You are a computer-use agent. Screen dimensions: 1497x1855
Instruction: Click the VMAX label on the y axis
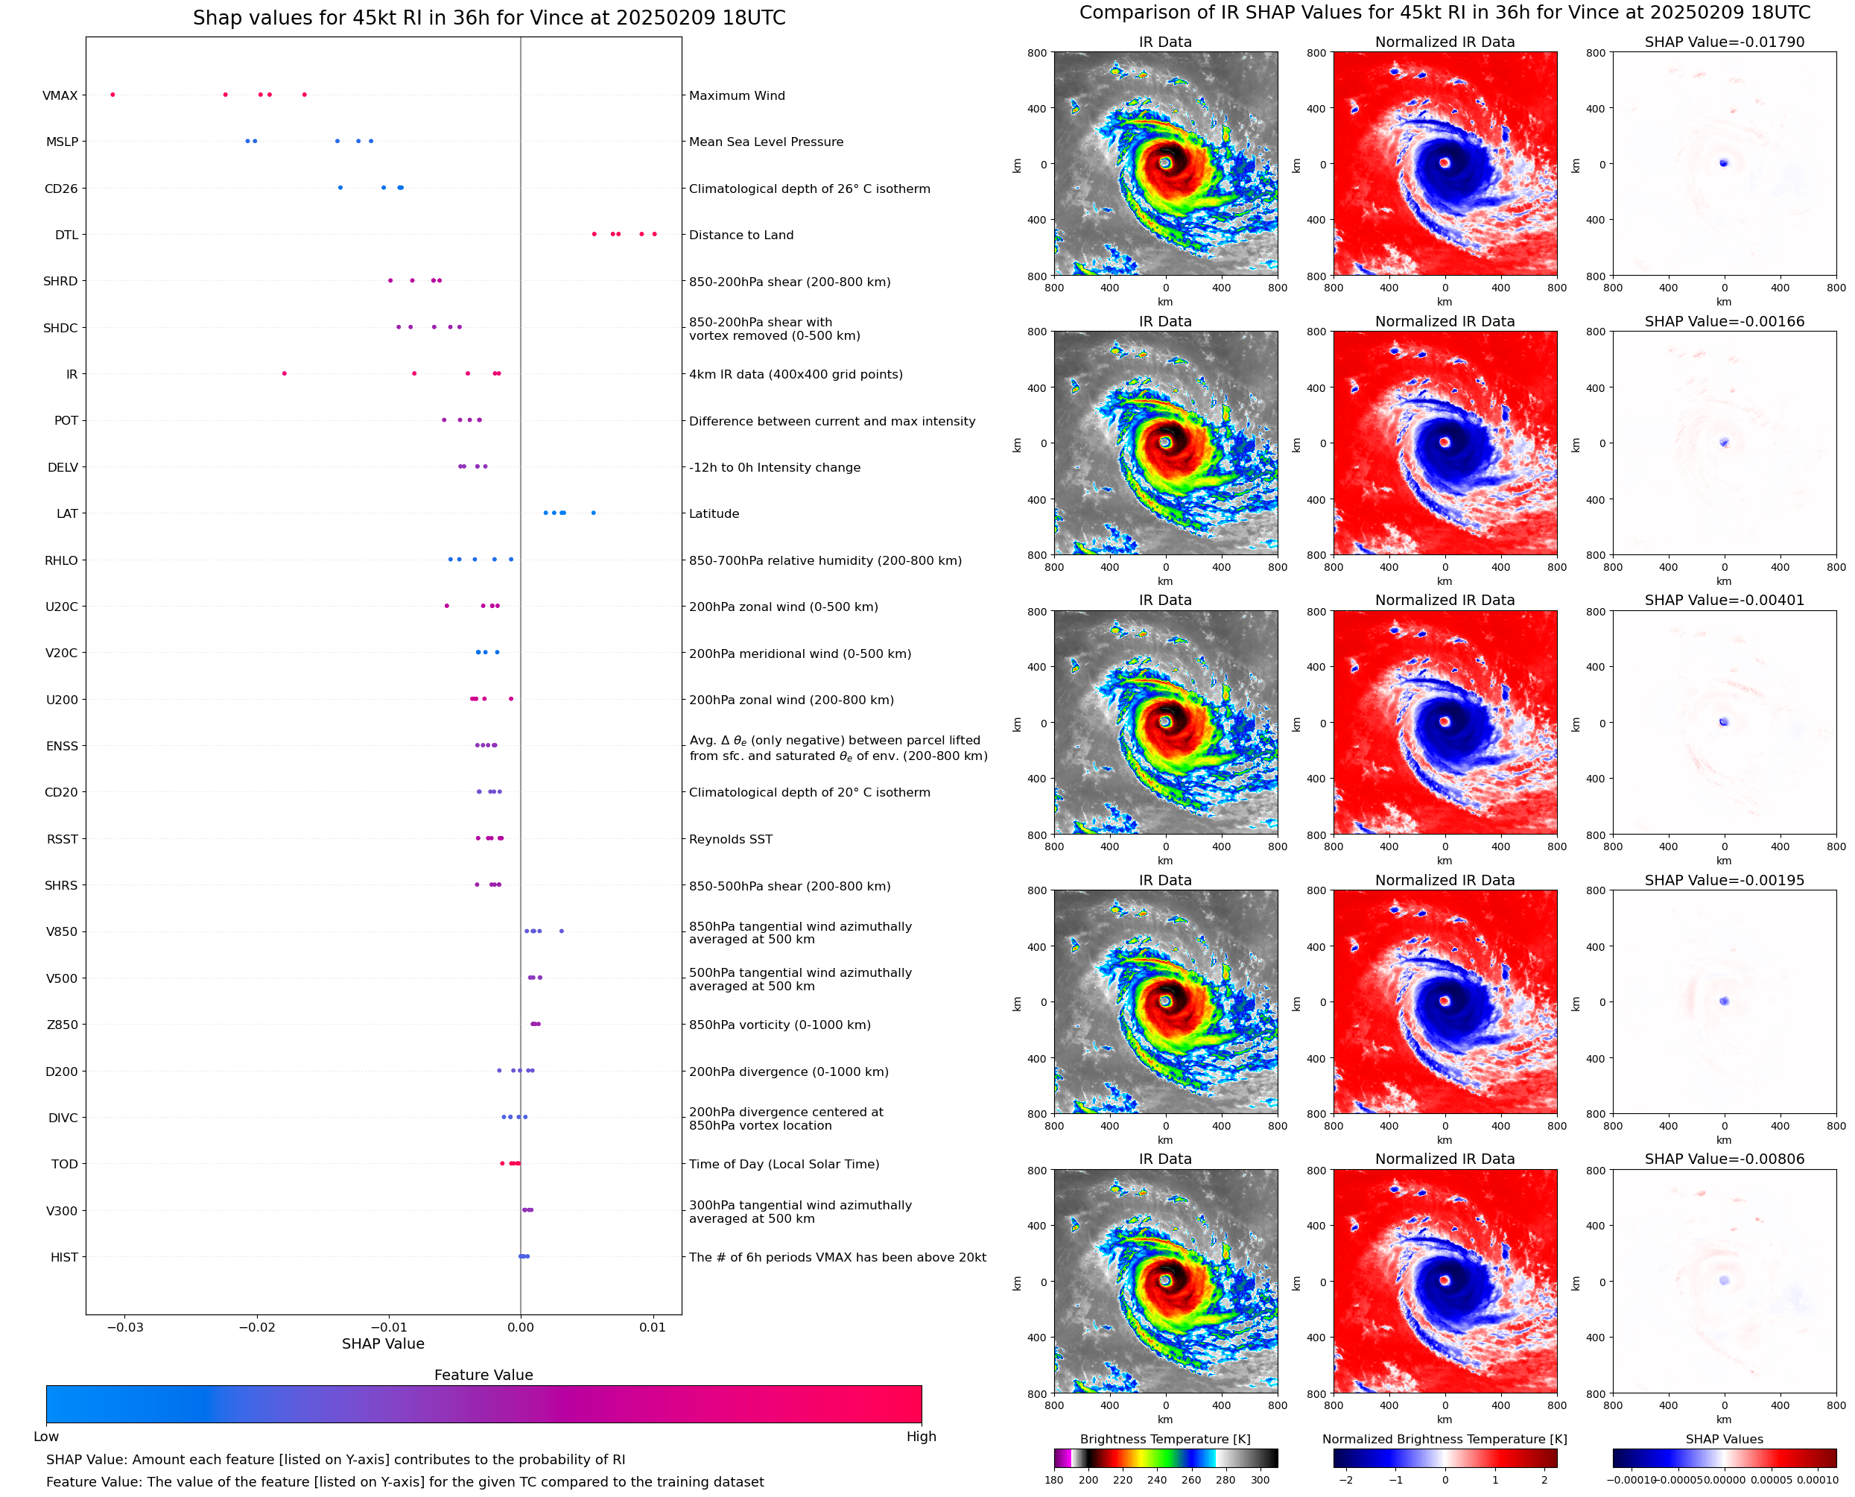(x=60, y=95)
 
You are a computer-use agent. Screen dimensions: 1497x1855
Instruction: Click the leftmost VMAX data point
(x=113, y=95)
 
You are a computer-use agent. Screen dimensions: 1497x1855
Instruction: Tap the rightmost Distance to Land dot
(x=654, y=234)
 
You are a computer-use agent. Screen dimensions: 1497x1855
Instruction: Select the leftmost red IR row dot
(x=285, y=373)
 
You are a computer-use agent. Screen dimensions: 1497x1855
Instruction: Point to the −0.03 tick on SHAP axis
(x=125, y=1327)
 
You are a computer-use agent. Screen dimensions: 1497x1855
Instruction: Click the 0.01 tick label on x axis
(x=653, y=1327)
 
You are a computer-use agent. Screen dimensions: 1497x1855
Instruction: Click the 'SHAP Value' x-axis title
(x=383, y=1343)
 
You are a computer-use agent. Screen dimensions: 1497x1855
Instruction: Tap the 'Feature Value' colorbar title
(x=483, y=1375)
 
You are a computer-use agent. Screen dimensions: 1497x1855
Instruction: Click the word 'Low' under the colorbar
(x=45, y=1437)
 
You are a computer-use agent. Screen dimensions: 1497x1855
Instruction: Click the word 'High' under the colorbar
(x=921, y=1437)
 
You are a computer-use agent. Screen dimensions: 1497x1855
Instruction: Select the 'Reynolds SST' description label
(x=730, y=839)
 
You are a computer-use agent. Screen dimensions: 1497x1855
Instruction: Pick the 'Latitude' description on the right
(x=714, y=514)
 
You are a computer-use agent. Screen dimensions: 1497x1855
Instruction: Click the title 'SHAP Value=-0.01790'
(x=1724, y=42)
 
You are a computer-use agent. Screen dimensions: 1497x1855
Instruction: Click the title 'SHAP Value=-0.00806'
(x=1724, y=1159)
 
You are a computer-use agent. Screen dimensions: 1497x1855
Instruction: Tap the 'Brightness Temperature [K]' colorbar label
(x=1164, y=1439)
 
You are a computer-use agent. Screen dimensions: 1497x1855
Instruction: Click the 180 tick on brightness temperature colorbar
(x=1053, y=1480)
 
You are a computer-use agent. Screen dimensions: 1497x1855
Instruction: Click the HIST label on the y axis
(x=64, y=1257)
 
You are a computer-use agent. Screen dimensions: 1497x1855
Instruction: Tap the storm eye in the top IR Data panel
(x=1165, y=162)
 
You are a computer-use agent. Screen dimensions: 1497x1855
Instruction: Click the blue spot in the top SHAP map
(x=1723, y=162)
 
